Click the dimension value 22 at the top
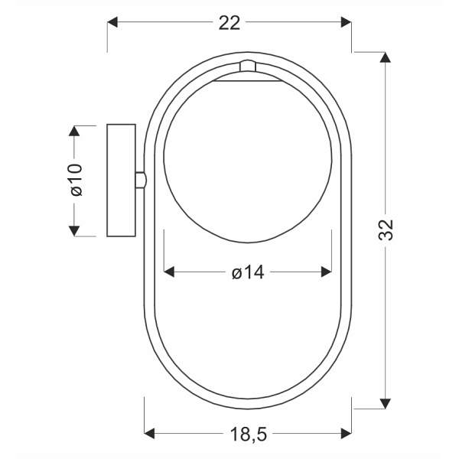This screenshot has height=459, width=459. [229, 23]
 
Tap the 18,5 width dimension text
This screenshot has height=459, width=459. [249, 435]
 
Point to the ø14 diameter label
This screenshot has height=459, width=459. [248, 272]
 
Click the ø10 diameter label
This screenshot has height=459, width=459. [76, 180]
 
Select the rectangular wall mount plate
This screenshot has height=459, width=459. [120, 180]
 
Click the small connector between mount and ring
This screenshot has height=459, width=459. [139, 179]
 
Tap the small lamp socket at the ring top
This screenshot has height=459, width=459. [246, 69]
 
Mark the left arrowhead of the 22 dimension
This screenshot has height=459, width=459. [113, 23]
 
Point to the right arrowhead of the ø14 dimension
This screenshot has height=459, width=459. [326, 272]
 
